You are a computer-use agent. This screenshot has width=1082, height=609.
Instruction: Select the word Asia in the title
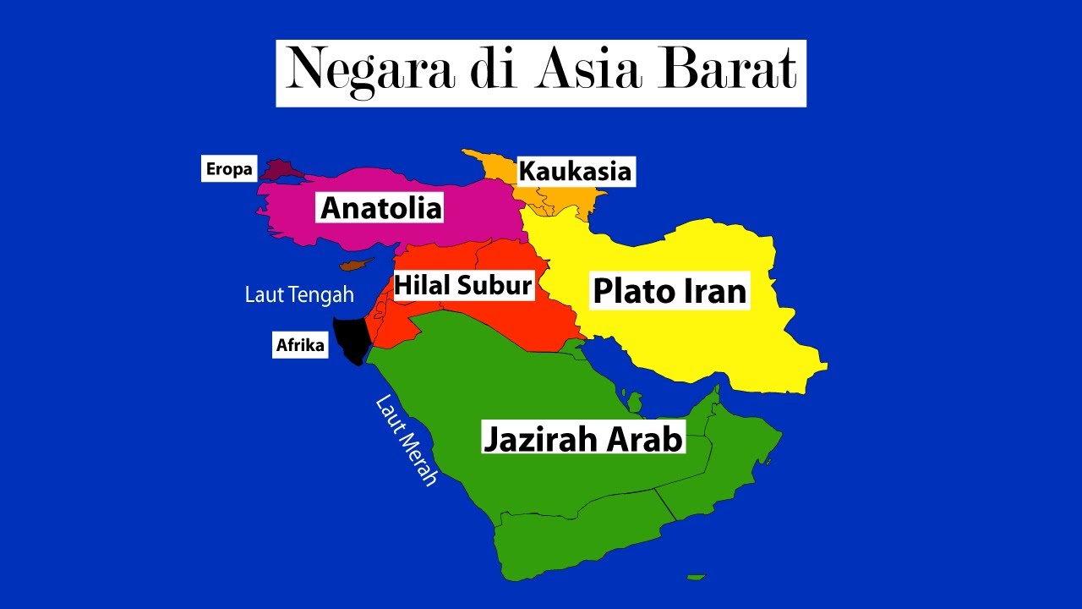(589, 71)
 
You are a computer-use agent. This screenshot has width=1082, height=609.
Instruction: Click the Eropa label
(229, 169)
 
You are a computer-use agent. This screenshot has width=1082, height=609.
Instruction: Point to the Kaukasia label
(575, 172)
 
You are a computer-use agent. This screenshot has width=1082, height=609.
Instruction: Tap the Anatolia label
(381, 207)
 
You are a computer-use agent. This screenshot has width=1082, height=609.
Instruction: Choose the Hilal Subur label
(463, 285)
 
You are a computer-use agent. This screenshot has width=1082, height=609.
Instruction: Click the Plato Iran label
(670, 291)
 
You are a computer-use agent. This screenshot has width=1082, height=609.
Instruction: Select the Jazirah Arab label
(582, 439)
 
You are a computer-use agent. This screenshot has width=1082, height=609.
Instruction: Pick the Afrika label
(300, 345)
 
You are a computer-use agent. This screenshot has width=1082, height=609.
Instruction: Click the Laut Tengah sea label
(299, 295)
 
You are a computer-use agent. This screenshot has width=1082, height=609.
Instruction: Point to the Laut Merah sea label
(407, 440)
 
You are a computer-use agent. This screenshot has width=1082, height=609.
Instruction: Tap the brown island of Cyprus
(355, 265)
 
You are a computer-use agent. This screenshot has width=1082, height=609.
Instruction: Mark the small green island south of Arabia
(696, 578)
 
